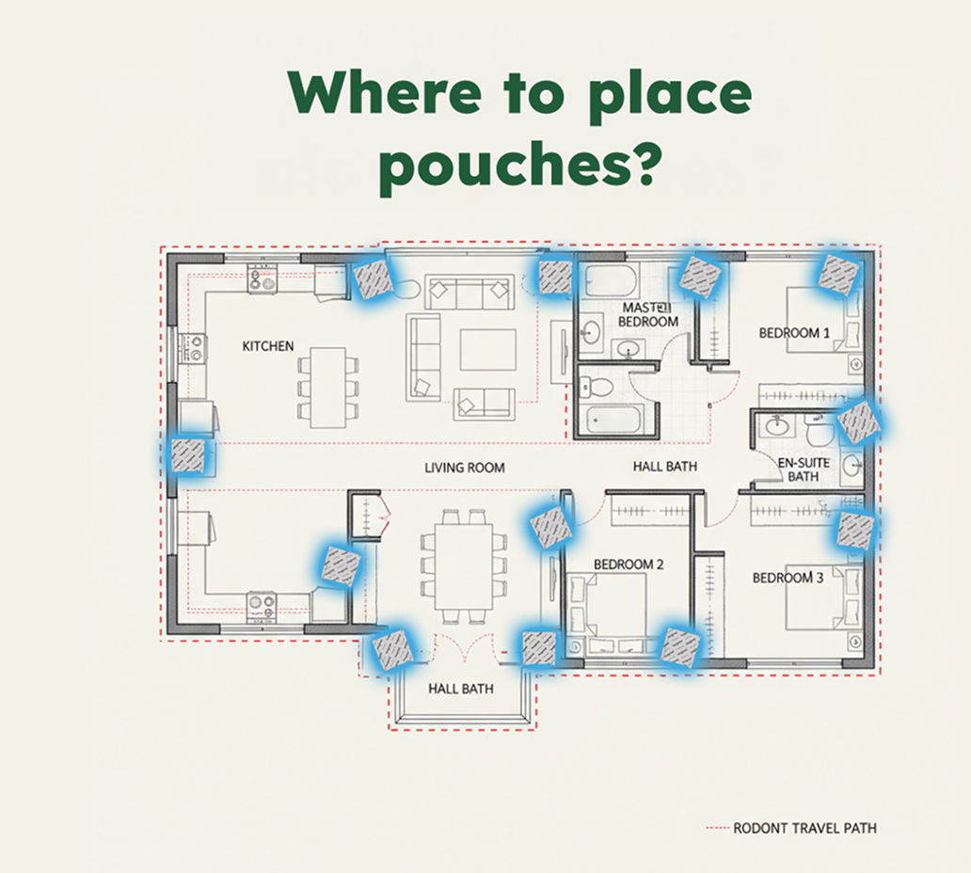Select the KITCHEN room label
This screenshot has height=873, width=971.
(x=267, y=346)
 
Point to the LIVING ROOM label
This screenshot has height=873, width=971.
(x=465, y=468)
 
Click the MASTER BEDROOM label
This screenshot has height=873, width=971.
(x=647, y=314)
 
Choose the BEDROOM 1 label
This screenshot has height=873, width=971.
(x=794, y=333)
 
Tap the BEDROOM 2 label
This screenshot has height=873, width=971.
(x=629, y=564)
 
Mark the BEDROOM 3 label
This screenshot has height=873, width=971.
(x=788, y=578)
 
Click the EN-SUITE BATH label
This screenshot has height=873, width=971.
(x=804, y=470)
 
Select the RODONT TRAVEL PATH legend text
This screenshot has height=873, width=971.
(x=805, y=829)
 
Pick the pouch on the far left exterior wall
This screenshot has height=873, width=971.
(x=187, y=455)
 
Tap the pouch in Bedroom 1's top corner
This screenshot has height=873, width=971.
(x=838, y=274)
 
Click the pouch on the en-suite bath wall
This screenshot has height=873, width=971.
(x=858, y=421)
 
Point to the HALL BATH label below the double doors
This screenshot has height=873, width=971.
(x=461, y=689)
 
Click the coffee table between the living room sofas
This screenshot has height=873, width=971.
(x=487, y=350)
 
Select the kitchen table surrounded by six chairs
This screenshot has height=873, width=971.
(x=327, y=388)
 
